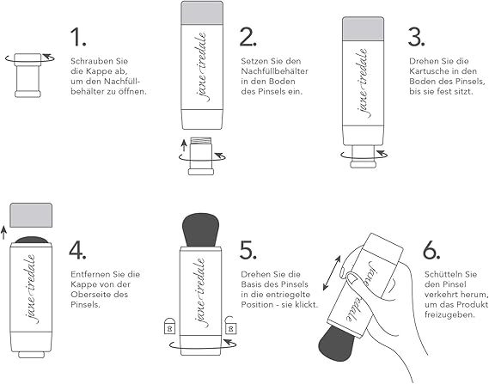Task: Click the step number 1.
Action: click(x=77, y=37)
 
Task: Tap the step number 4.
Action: click(x=77, y=250)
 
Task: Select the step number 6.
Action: click(x=431, y=250)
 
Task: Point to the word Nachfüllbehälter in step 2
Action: click(x=274, y=71)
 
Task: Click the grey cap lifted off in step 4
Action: click(x=31, y=215)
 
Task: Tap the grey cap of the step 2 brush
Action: click(x=202, y=13)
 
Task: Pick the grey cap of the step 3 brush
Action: click(x=363, y=28)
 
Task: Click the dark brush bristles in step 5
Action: click(x=200, y=230)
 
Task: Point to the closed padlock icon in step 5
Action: click(x=169, y=326)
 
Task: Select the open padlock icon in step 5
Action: click(x=230, y=325)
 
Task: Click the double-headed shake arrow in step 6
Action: click(x=332, y=272)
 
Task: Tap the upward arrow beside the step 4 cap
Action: click(x=3, y=233)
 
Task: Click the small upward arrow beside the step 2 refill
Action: click(x=184, y=146)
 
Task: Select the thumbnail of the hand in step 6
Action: click(x=352, y=278)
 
